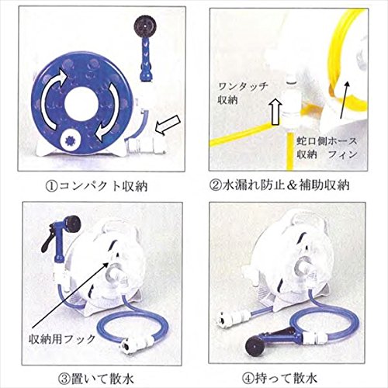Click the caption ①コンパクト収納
(96, 185)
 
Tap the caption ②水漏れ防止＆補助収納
(279, 185)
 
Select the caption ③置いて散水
(96, 379)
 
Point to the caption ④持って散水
(279, 379)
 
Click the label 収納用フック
(62, 338)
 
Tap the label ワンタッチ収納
(242, 92)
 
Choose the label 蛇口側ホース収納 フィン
(327, 147)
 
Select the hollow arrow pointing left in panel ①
(168, 125)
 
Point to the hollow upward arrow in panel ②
(276, 112)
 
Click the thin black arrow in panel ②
(345, 99)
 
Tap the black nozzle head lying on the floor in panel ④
(254, 345)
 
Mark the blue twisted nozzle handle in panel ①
(145, 61)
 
